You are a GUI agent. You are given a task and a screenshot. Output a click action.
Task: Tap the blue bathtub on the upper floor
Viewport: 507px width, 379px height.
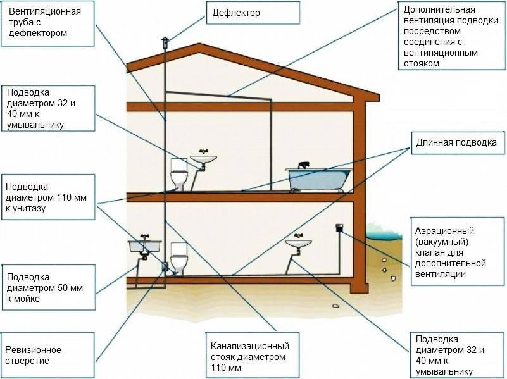coord(318,179)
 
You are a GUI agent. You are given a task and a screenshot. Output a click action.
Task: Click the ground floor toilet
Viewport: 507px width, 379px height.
coord(178,258)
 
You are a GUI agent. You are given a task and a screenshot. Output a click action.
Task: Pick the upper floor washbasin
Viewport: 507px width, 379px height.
coord(203,159)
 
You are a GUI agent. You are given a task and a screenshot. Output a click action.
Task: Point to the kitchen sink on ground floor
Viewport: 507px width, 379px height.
coord(144,246)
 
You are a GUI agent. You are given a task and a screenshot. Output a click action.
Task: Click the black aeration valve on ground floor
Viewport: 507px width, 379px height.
coord(339,228)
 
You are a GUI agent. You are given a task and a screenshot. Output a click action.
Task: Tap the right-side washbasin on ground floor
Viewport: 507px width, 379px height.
coord(298,243)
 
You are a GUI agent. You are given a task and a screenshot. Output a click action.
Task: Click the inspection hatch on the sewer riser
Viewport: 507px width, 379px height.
coord(165,266)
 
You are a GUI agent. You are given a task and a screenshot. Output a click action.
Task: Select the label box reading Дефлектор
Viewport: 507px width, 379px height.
coord(253,13)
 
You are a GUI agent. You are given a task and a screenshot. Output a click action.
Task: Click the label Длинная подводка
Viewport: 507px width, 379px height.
coord(456,142)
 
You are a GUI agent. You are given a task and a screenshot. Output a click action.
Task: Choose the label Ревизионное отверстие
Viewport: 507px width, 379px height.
coord(34,355)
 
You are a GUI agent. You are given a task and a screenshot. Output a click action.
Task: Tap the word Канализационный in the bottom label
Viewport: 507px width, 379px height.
coord(250,346)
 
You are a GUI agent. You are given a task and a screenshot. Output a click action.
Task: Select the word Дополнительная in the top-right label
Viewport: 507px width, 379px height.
coord(439,9)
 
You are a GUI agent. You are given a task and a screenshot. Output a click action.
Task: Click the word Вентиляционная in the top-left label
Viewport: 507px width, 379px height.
coord(44,11)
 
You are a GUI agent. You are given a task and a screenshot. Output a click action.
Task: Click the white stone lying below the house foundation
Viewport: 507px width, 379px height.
coord(335,306)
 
